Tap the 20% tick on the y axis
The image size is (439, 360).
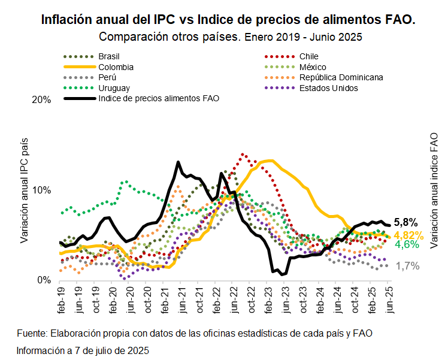pos(41,100)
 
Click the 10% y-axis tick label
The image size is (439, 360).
pos(41,190)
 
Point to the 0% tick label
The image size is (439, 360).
pos(44,280)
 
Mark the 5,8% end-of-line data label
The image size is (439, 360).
pos(405,222)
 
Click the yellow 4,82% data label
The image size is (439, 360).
pos(408,235)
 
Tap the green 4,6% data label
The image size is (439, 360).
pos(407,245)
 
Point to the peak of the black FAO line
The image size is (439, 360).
pos(178,162)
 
